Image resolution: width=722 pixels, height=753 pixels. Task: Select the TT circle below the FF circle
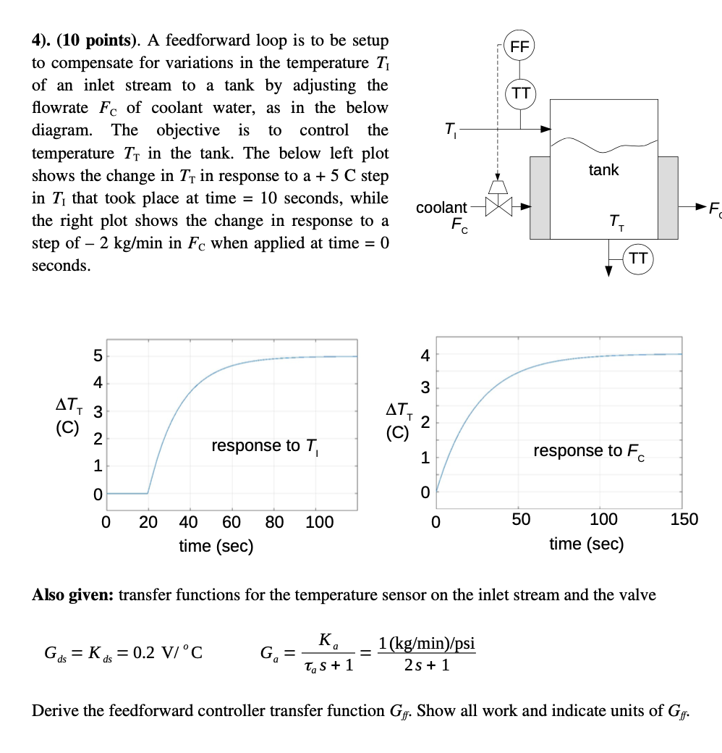coord(520,93)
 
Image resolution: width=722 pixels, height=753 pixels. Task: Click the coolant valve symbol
coord(498,206)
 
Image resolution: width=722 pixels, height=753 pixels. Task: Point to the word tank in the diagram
coord(603,169)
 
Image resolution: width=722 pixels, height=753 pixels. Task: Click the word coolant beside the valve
coord(441,208)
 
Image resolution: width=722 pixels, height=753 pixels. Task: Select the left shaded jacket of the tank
coord(540,197)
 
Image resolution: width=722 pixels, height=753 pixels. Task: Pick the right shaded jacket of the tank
coord(668,197)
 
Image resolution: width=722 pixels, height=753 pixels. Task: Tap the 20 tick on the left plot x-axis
coord(148,522)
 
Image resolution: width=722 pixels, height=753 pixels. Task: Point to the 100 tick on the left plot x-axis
coord(319,522)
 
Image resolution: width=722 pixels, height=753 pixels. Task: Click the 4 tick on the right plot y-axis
coord(425,355)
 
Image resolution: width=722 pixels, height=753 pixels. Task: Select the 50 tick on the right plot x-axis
coord(521,519)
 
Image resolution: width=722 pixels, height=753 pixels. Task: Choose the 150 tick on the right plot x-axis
coord(684,519)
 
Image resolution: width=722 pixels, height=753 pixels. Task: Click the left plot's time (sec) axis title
coord(216,546)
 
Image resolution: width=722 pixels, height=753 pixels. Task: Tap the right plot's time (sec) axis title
coord(586,544)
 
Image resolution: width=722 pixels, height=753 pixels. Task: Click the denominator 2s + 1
coord(427,665)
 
